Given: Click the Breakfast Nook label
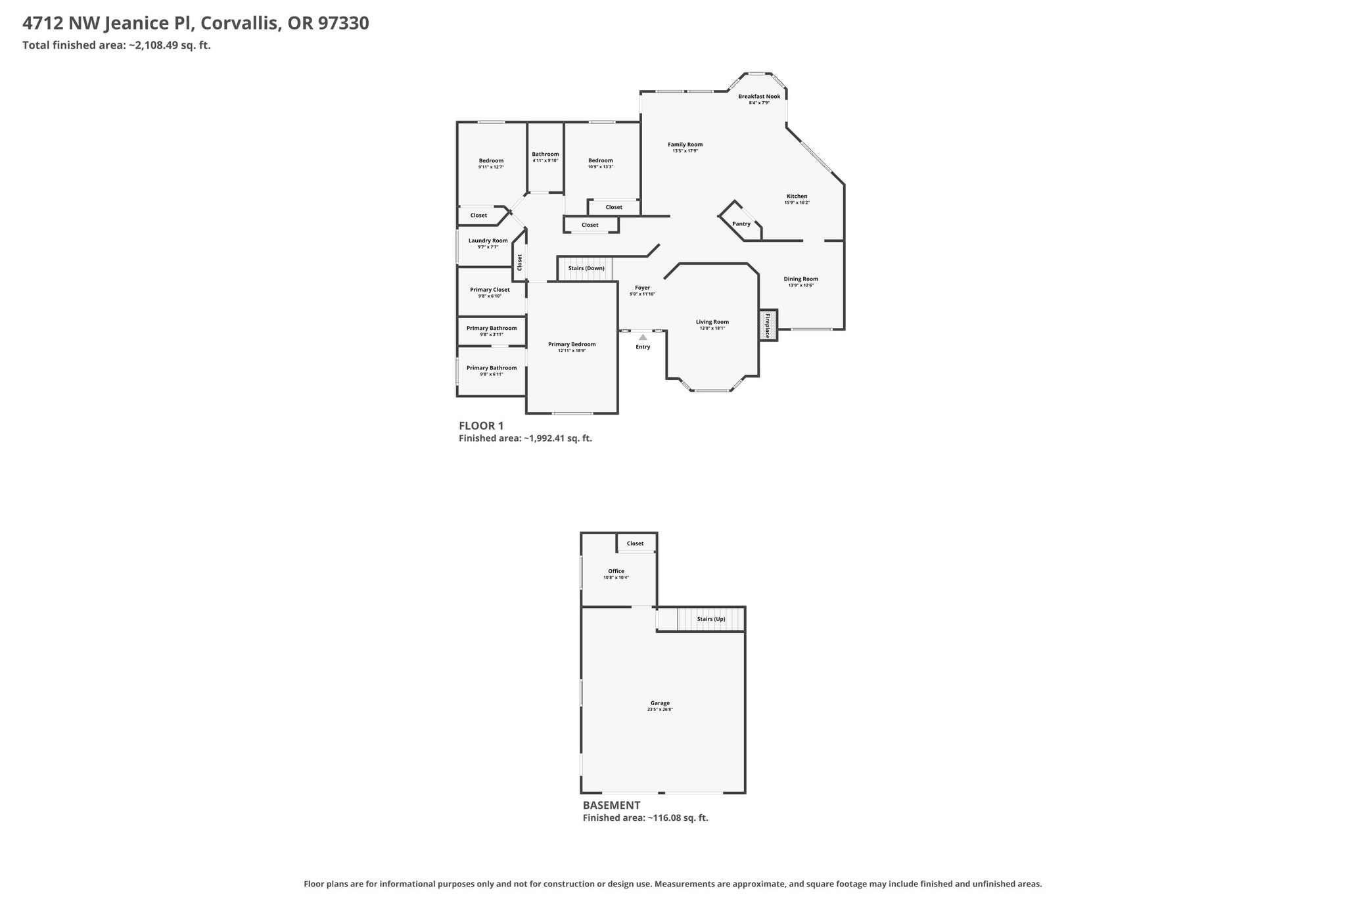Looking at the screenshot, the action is click(x=759, y=97).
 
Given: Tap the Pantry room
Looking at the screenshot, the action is click(x=741, y=223).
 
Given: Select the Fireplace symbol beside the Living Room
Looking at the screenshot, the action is click(x=768, y=325).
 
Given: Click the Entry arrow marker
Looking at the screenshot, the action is click(x=643, y=337).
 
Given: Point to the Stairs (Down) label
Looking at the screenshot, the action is click(x=586, y=268).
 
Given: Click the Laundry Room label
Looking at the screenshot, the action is click(x=488, y=241).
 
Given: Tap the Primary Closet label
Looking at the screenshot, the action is click(x=490, y=290).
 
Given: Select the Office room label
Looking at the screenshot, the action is click(x=616, y=571).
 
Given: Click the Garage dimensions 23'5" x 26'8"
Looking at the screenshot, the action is click(x=660, y=710).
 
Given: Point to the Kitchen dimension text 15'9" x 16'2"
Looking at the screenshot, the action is click(x=797, y=202).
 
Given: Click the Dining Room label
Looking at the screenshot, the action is click(x=801, y=279).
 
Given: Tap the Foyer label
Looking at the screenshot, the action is click(x=642, y=288).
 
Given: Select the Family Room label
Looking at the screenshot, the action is click(x=685, y=145).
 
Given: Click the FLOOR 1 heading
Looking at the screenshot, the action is click(x=481, y=426).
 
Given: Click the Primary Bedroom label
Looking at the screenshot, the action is click(x=572, y=344).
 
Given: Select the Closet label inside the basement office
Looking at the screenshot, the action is click(x=635, y=543).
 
